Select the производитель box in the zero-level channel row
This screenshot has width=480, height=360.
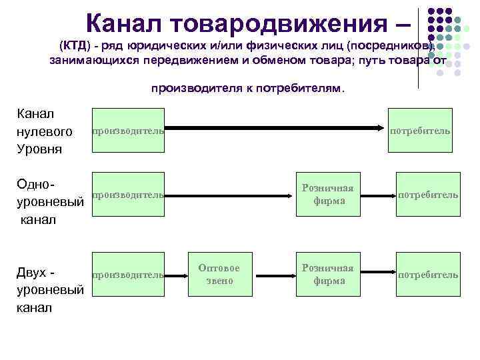coord(127,131)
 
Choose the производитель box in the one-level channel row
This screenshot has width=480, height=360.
coord(127,195)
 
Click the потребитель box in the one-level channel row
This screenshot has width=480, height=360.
coord(427,195)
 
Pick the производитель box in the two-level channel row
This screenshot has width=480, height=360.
coord(127,274)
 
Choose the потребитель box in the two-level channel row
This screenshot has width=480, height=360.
coord(427,274)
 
